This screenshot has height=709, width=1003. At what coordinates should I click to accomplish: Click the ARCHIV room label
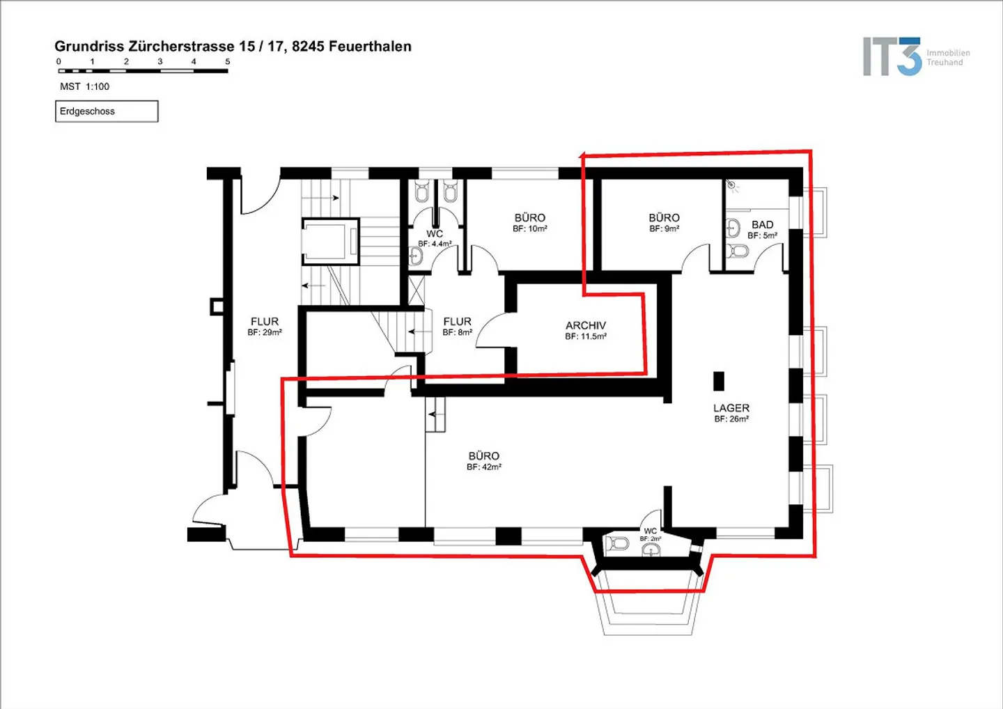coord(585,325)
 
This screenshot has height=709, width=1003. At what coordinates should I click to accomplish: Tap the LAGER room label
coord(731,407)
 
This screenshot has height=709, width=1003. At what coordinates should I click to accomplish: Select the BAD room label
coord(762,224)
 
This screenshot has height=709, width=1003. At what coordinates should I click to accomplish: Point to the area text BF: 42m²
coord(483,467)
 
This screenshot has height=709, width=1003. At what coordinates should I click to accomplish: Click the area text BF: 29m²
coord(265,332)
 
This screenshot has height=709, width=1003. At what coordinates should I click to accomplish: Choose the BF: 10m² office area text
coord(529,228)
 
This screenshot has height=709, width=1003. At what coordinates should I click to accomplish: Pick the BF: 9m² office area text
coord(664,228)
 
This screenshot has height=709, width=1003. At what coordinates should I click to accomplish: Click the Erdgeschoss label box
coord(107,111)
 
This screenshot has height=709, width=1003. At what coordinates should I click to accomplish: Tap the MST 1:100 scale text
coord(85,86)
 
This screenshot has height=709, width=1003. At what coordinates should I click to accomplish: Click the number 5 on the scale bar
coord(228,61)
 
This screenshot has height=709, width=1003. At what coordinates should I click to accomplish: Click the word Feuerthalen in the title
coord(370,46)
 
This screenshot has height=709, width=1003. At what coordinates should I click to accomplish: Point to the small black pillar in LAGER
coord(719,381)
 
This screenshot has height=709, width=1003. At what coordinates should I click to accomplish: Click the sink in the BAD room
coord(733,228)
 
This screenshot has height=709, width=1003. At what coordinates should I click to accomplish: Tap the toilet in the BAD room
coord(737,251)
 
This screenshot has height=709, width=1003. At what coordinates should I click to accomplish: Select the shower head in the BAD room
coord(731,183)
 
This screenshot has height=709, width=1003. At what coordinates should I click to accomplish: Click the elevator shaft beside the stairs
coord(330,242)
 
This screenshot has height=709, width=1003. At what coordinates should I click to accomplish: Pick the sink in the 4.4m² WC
coord(416,256)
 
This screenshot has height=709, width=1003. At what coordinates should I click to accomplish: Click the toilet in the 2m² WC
coord(617,543)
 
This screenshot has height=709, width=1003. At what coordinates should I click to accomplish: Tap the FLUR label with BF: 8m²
coord(457,321)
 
